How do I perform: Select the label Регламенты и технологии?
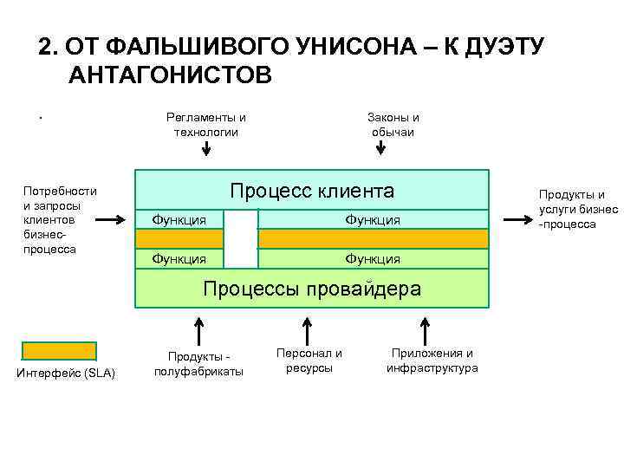205,125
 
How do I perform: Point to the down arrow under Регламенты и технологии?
205,148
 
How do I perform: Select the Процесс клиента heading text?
311,191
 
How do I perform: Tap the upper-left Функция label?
179,220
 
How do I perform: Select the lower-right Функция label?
373,258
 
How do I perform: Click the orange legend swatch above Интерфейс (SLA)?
59,351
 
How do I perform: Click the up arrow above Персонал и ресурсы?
306,330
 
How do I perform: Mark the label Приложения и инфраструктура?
432,361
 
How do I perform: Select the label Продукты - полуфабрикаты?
198,364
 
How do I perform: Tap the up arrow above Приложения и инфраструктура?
425,330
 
